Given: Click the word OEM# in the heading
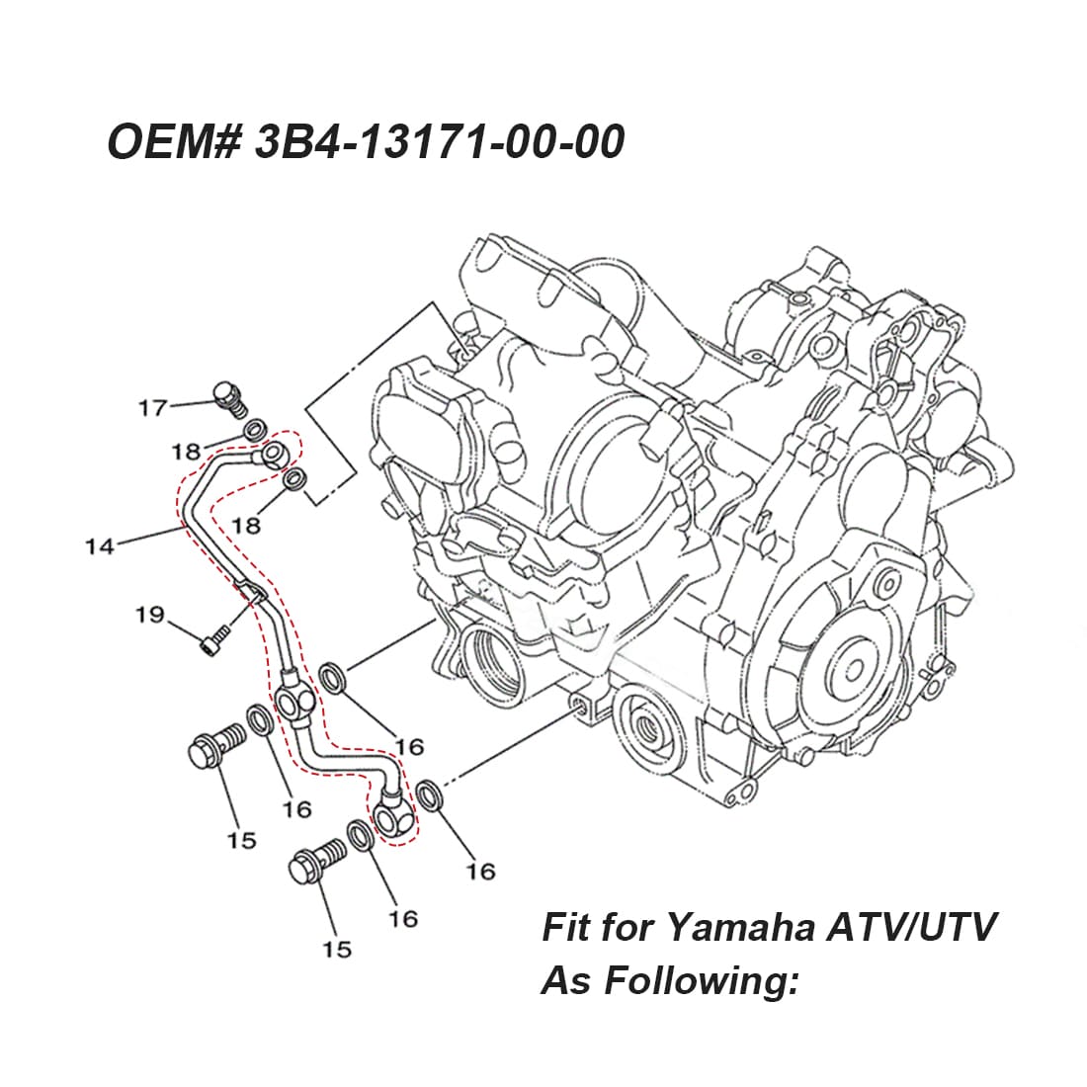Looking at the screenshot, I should click(x=173, y=142).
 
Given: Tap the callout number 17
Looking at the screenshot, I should click(x=152, y=407).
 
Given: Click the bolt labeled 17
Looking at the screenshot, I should click(x=229, y=397).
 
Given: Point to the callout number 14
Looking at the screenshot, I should click(x=100, y=544).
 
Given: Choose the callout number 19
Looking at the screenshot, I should click(x=149, y=616).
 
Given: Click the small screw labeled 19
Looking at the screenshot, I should click(x=211, y=643).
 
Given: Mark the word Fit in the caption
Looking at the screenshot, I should click(x=566, y=928).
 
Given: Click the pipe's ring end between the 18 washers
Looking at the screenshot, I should click(x=274, y=455).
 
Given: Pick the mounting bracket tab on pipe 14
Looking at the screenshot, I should click(x=249, y=594).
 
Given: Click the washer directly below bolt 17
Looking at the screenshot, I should click(x=254, y=430).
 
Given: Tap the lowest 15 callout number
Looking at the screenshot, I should click(x=336, y=949).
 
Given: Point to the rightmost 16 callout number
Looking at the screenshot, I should click(x=480, y=871).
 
